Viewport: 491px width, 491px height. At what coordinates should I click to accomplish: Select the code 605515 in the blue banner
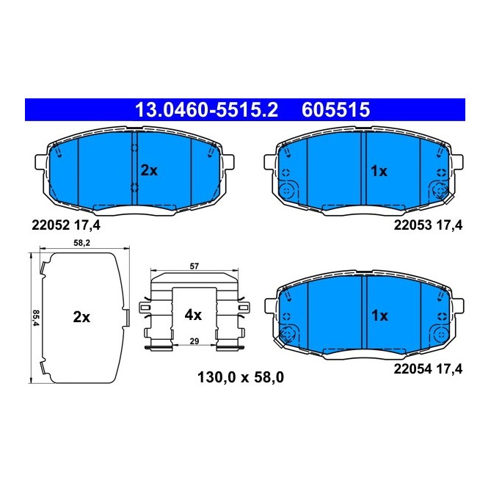pos(335,111)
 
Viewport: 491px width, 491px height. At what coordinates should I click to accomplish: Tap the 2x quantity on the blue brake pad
pos(149,170)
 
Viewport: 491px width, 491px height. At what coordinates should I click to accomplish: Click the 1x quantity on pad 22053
pos(378,170)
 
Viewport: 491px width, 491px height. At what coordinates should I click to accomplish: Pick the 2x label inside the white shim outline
pos(81,317)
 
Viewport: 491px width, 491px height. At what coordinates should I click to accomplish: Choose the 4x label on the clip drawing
pos(192,315)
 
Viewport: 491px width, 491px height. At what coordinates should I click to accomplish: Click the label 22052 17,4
pos(65,225)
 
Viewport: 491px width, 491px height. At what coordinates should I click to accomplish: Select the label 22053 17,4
pos(429,225)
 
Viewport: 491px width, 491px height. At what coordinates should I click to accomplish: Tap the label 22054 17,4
pos(429,371)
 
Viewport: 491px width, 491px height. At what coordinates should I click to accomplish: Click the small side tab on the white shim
pos(127,318)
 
